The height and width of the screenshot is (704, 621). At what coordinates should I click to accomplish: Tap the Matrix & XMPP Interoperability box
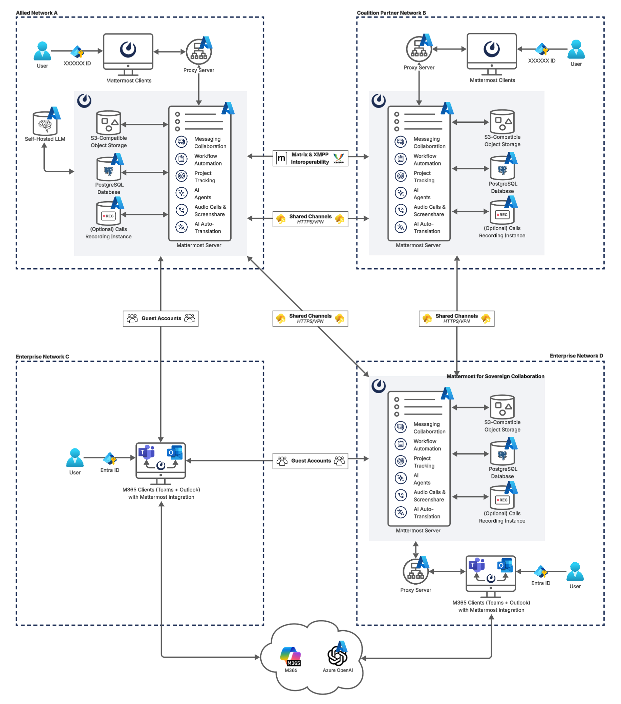[310, 158]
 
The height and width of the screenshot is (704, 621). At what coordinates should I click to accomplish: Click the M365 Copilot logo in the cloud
[291, 656]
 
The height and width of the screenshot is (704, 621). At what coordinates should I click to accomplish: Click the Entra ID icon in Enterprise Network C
[110, 459]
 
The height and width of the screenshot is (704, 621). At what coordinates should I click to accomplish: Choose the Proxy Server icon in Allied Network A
[199, 51]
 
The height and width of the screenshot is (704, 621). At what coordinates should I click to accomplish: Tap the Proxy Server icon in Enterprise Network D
[415, 571]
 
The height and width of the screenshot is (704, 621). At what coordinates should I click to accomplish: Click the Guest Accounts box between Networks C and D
[310, 461]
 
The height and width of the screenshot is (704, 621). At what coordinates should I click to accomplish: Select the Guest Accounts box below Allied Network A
[161, 318]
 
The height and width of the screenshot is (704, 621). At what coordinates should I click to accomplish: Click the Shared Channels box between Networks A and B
[310, 219]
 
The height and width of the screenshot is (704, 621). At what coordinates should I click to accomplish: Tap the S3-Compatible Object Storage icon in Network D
[502, 406]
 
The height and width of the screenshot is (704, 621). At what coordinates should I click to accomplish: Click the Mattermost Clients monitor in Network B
[491, 52]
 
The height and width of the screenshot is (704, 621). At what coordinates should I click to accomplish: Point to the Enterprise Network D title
[576, 355]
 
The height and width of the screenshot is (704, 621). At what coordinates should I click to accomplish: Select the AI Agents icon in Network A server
[181, 193]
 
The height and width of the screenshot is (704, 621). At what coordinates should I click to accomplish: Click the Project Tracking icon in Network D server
[400, 461]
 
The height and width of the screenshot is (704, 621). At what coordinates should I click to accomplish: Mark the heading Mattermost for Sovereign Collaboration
[495, 376]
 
